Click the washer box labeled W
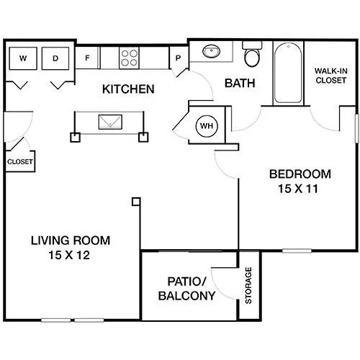click(23, 58)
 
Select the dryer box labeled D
click(55, 58)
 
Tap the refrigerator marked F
click(87, 58)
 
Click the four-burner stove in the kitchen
click(130, 58)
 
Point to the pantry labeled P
click(179, 58)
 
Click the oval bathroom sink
click(211, 51)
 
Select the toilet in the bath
click(252, 54)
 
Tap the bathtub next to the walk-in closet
click(288, 73)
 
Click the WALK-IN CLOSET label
click(331, 76)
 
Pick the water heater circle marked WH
click(207, 126)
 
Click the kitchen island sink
click(110, 122)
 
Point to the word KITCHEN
click(128, 89)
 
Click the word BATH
click(240, 84)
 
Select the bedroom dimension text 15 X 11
click(298, 189)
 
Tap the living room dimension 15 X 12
click(69, 255)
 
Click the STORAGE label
click(248, 286)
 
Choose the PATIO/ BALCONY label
click(186, 289)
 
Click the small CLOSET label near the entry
click(20, 162)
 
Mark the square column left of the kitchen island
click(75, 138)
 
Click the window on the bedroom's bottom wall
click(297, 251)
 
